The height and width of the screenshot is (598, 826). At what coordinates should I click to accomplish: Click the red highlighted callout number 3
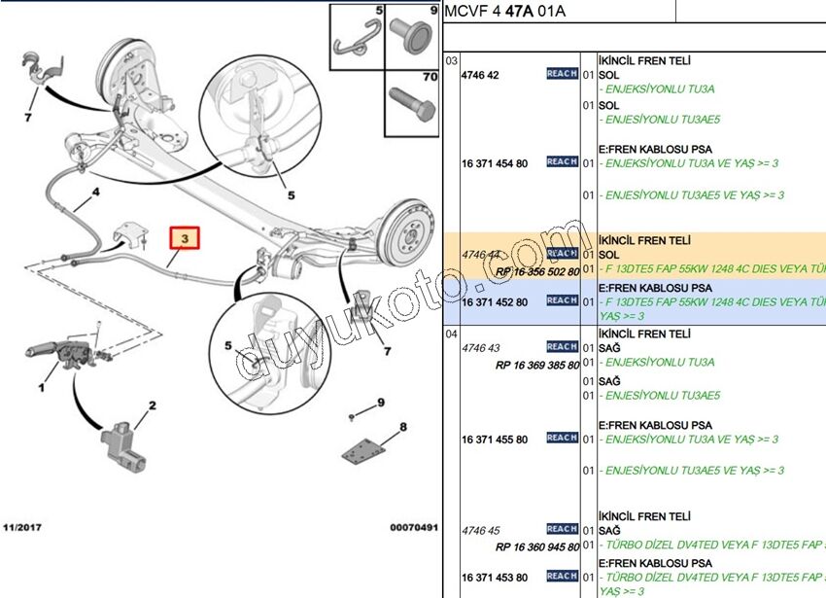pos(184,237)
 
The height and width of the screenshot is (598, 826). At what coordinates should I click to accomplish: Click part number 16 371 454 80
pos(495,163)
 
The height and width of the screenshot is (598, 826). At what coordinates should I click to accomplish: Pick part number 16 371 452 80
pos(495,302)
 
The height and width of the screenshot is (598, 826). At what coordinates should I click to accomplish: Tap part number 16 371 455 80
pos(495,440)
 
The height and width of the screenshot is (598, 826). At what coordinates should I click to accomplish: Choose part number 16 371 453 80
pos(495,578)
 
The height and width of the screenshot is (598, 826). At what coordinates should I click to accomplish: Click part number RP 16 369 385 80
pos(536,365)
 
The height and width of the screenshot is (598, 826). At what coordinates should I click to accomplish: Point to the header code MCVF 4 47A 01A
pos(503,12)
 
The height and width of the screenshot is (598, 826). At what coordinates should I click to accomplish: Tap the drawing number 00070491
pos(414,527)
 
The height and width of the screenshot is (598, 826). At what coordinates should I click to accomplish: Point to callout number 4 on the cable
pos(95,193)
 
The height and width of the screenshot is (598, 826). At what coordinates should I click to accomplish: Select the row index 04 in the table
pos(451,334)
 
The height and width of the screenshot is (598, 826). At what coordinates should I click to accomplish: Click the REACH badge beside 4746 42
pos(562,74)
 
